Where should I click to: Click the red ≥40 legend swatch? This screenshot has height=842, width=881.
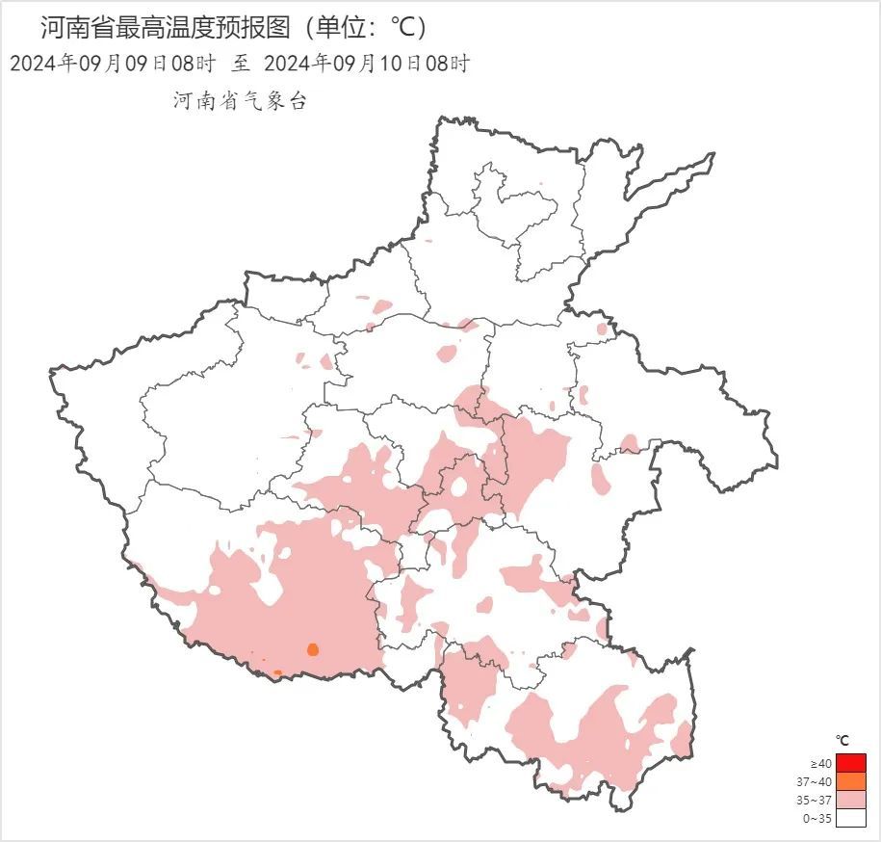coord(851,763)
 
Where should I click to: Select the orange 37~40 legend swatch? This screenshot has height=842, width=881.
coord(851,781)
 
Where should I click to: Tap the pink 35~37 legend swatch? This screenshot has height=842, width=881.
coord(851,800)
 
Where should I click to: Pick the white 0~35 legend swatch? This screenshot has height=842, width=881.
coord(851,818)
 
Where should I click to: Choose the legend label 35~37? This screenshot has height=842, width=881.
coord(816,801)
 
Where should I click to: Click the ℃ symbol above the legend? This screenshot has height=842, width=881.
coord(842,740)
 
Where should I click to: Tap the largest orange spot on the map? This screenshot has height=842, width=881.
coord(312,649)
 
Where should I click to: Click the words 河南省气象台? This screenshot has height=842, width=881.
coord(240,101)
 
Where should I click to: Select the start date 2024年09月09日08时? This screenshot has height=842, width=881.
coord(112,65)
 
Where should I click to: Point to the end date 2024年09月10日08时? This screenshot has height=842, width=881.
coord(367,65)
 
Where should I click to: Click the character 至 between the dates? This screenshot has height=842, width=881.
coord(241,65)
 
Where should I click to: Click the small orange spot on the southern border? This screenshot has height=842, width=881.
coord(277,672)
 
